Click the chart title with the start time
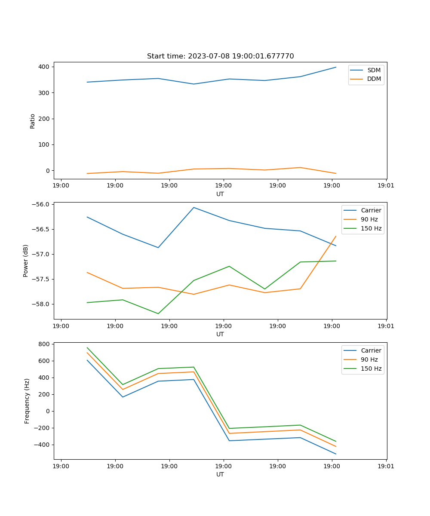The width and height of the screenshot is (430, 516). pyautogui.click(x=220, y=56)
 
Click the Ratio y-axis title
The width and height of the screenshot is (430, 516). pyautogui.click(x=33, y=121)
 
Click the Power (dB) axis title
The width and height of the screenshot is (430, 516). pyautogui.click(x=26, y=261)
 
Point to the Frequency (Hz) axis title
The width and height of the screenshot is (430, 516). pyautogui.click(x=27, y=401)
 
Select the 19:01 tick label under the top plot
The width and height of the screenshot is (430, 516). pyautogui.click(x=386, y=186)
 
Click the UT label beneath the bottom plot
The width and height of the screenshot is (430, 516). pyautogui.click(x=220, y=474)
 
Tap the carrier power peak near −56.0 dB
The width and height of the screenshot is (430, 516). pyautogui.click(x=193, y=207)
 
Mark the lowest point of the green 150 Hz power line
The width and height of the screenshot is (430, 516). pyautogui.click(x=158, y=313)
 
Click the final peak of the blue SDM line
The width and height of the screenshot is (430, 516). pyautogui.click(x=336, y=67)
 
